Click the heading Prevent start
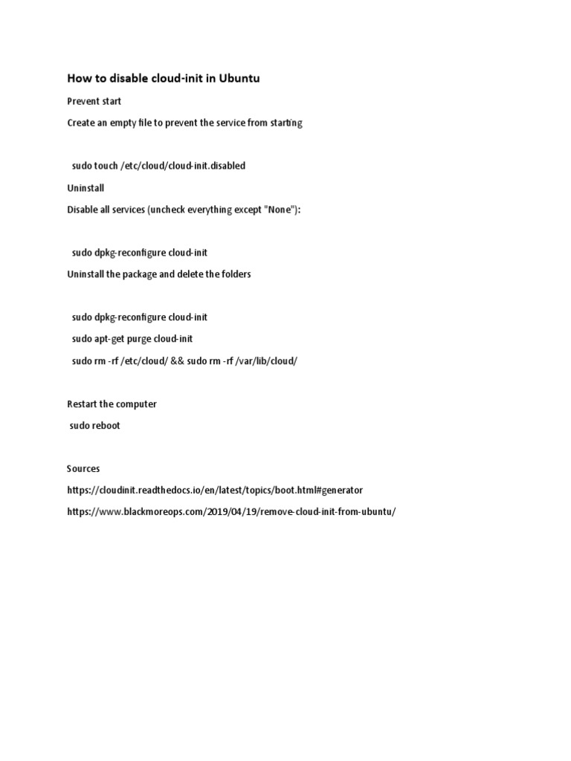(x=94, y=100)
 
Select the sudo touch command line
(x=158, y=166)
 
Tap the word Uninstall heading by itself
(x=86, y=188)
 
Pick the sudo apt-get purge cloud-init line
(x=132, y=339)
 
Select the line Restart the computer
(x=112, y=404)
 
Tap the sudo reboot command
(x=95, y=426)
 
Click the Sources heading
(x=83, y=469)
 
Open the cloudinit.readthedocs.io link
(x=215, y=490)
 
